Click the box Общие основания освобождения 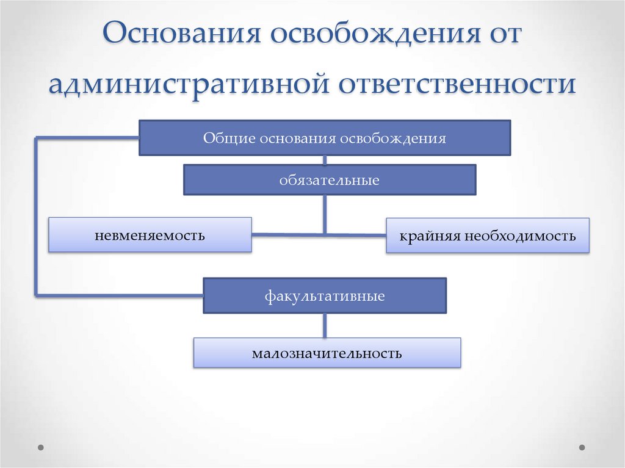[x=325, y=138]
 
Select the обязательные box [x=330, y=180]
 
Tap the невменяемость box [x=150, y=235]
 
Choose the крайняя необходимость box [x=487, y=236]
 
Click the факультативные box [x=324, y=296]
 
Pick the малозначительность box [x=327, y=353]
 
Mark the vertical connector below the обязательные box [x=325, y=214]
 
